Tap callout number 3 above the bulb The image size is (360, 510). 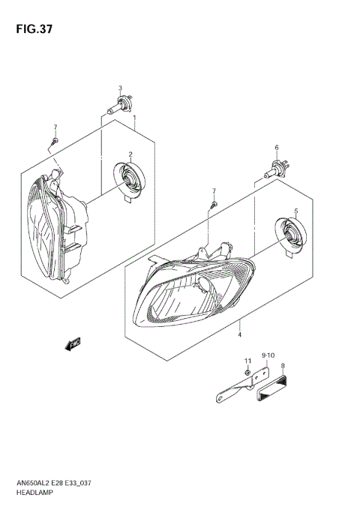pyautogui.click(x=119, y=88)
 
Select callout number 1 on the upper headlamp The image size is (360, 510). pyautogui.click(x=134, y=118)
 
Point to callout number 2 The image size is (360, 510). pyautogui.click(x=130, y=154)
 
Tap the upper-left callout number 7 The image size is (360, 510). pyautogui.click(x=55, y=126)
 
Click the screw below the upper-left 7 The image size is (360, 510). pyautogui.click(x=54, y=139)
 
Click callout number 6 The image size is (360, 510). pyautogui.click(x=276, y=147)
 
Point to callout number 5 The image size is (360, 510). pyautogui.click(x=296, y=211)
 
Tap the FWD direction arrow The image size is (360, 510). pyautogui.click(x=73, y=344)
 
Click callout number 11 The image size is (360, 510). pyautogui.click(x=247, y=362)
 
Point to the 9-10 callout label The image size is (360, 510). pyautogui.click(x=268, y=355)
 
